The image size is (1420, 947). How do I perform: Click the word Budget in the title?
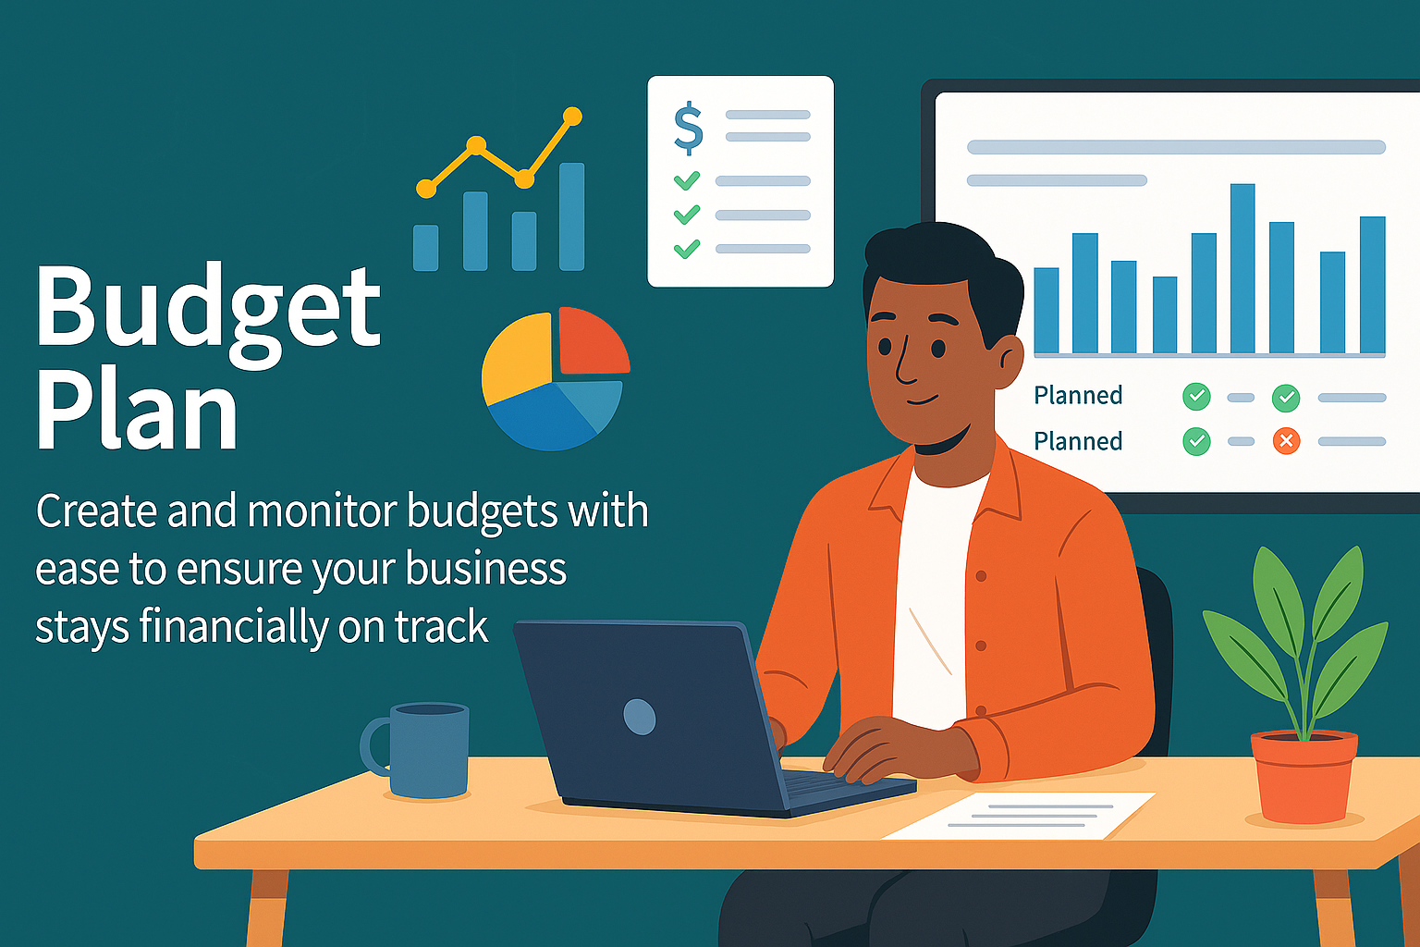tap(208, 315)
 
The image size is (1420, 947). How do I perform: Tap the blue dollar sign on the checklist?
tap(689, 129)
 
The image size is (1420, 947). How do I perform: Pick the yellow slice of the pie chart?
tap(517, 359)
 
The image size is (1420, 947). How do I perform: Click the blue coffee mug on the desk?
tap(418, 750)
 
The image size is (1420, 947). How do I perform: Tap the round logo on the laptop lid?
tap(639, 717)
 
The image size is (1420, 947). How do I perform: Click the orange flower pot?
tap(1304, 777)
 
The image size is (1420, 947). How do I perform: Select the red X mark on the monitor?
tap(1286, 441)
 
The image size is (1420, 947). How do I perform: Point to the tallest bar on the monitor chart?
tap(1242, 268)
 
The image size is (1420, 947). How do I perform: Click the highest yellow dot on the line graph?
tap(572, 117)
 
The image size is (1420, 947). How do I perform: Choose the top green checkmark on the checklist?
tap(687, 180)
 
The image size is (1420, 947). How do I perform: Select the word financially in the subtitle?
tap(233, 627)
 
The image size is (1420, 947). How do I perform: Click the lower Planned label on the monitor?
tap(1078, 441)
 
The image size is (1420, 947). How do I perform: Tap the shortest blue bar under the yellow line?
tap(425, 248)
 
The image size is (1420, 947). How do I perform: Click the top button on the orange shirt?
tap(981, 576)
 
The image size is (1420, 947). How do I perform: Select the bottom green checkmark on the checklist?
tap(687, 249)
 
